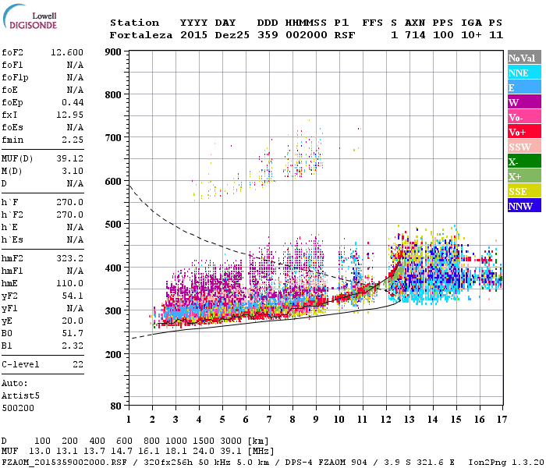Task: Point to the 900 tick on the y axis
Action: coord(113,52)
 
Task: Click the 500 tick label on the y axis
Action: coord(113,225)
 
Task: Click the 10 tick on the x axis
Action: coord(339,419)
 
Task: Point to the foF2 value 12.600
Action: coord(67,52)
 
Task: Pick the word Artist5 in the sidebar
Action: coord(20,395)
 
